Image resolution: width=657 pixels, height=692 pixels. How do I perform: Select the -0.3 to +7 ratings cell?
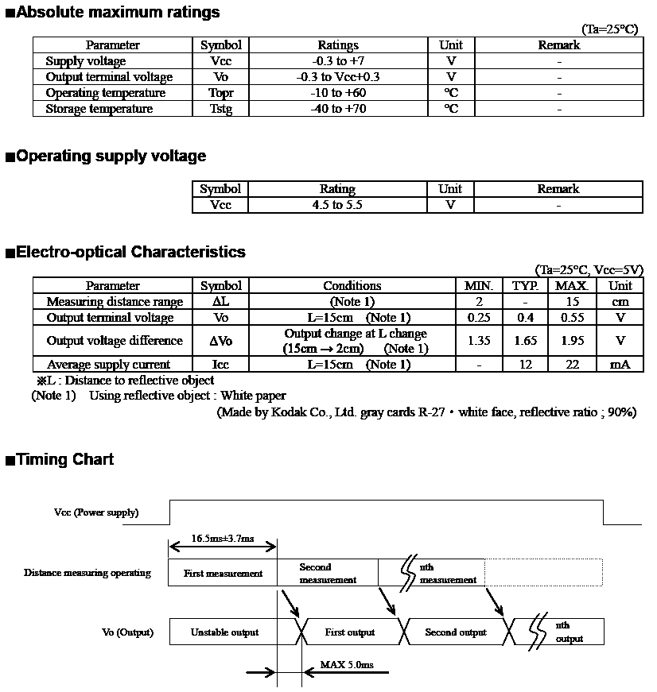[x=338, y=61]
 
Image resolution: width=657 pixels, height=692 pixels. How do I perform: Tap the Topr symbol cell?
[x=220, y=93]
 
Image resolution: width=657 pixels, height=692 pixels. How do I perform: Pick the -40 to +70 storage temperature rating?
[x=338, y=109]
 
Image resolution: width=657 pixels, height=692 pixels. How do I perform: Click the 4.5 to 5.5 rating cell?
[x=337, y=205]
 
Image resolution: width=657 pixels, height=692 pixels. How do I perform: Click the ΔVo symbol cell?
[x=220, y=341]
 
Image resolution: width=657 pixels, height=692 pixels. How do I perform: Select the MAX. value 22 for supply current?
[x=572, y=365]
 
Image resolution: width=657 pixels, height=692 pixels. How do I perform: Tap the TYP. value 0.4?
[x=525, y=318]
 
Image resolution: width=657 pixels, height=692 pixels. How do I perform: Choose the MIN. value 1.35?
[x=479, y=341]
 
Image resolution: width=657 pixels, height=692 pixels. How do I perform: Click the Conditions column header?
[x=352, y=286]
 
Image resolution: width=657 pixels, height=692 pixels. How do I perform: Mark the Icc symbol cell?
[x=220, y=365]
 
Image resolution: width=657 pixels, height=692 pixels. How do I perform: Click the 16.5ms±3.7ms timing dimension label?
[x=223, y=539]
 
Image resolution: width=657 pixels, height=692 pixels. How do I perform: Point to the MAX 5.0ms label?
[x=346, y=664]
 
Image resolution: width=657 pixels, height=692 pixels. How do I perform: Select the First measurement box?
[x=223, y=574]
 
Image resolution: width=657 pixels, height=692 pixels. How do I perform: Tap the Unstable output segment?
[x=224, y=632]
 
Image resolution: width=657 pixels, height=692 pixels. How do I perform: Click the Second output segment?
[x=455, y=632]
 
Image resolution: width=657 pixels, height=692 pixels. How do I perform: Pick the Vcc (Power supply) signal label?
[x=96, y=512]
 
